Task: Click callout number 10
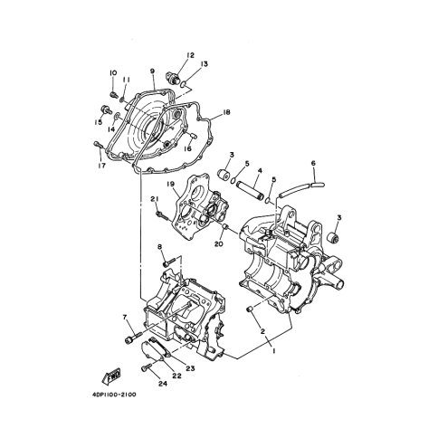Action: point(113,73)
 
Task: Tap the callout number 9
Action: point(153,71)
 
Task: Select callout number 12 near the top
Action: point(190,56)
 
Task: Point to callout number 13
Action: point(205,64)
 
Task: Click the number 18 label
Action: point(226,112)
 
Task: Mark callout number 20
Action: point(218,243)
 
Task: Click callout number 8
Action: point(159,247)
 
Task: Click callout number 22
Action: point(176,377)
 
